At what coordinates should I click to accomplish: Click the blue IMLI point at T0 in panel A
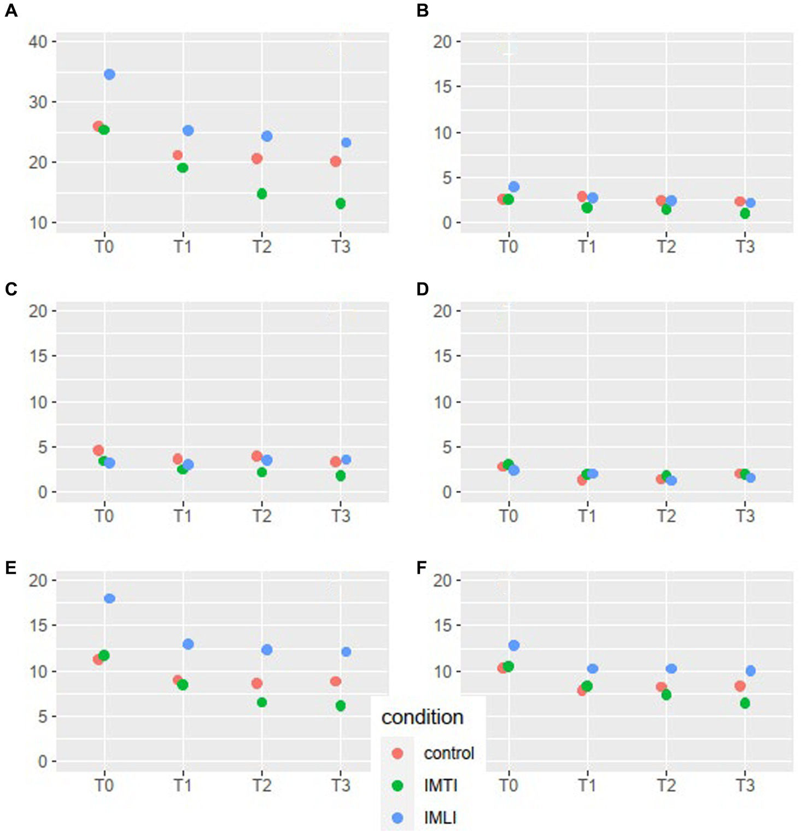109,74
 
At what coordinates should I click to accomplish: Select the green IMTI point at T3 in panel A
341,204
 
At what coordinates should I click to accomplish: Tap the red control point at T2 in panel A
257,158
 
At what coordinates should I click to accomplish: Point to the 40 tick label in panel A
38,42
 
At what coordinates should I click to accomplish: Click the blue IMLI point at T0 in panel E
109,598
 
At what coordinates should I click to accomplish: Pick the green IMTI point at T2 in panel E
262,702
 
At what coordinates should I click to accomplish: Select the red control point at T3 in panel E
336,682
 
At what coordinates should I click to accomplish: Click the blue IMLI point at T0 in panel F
514,645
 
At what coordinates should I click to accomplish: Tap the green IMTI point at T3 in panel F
745,703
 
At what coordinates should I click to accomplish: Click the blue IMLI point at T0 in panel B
514,187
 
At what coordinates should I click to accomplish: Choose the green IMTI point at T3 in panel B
745,214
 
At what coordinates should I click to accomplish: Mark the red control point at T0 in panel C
98,450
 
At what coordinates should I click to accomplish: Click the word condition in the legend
422,717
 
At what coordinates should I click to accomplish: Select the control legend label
449,753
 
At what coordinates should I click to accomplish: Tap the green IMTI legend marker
398,785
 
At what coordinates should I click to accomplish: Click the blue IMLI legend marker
398,818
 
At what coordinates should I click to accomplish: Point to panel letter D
422,289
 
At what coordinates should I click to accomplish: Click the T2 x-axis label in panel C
262,516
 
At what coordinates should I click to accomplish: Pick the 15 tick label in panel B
442,87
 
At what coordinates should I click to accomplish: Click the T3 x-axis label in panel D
745,516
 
